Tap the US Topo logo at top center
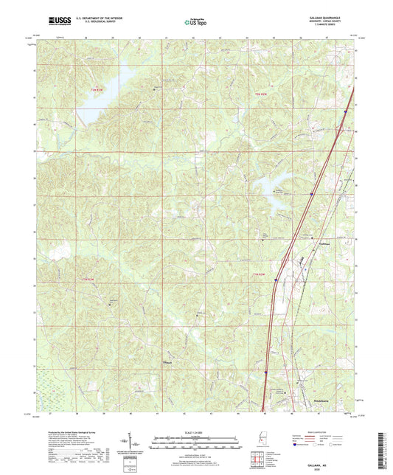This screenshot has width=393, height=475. (196, 22)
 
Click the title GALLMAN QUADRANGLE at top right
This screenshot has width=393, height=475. (332, 18)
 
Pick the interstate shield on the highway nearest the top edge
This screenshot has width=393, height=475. (345, 111)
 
